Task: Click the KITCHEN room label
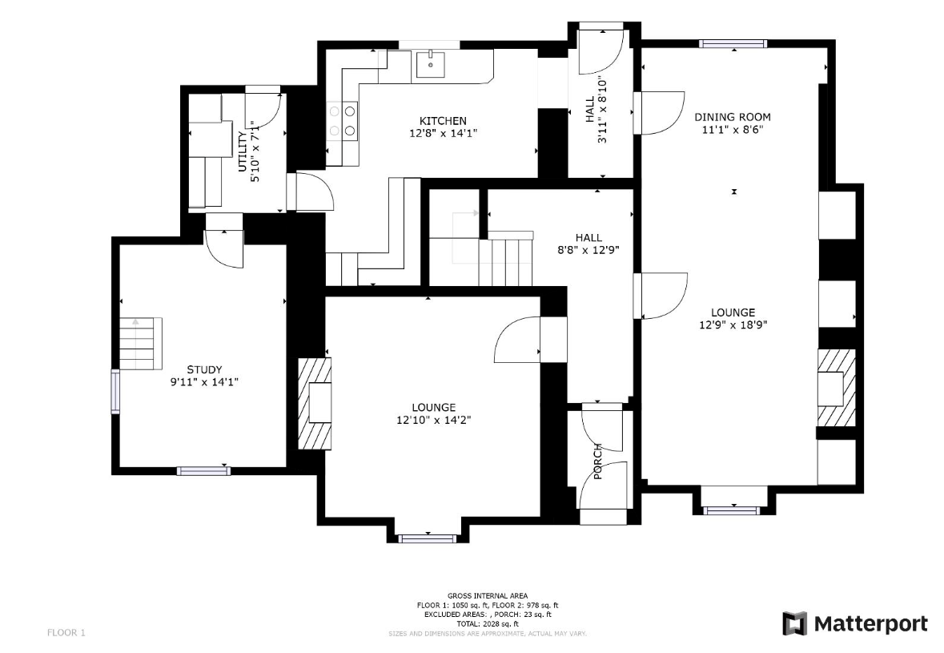(x=443, y=121)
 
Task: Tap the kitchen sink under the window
(x=431, y=65)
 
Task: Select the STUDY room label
(x=204, y=370)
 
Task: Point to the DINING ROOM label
(x=733, y=117)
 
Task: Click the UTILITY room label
(x=243, y=151)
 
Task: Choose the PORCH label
(x=598, y=462)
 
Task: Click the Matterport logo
(x=855, y=623)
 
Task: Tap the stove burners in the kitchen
(x=342, y=120)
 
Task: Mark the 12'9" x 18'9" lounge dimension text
(x=733, y=325)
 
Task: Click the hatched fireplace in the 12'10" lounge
(x=315, y=404)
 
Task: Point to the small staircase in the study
(x=141, y=344)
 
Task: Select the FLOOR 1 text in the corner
(x=66, y=632)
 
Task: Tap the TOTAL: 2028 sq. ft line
(x=488, y=624)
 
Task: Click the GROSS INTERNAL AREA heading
(x=488, y=596)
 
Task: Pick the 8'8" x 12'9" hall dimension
(x=588, y=250)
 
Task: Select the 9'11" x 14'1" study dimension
(x=205, y=382)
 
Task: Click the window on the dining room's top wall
(x=733, y=43)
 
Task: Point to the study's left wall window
(x=115, y=392)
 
